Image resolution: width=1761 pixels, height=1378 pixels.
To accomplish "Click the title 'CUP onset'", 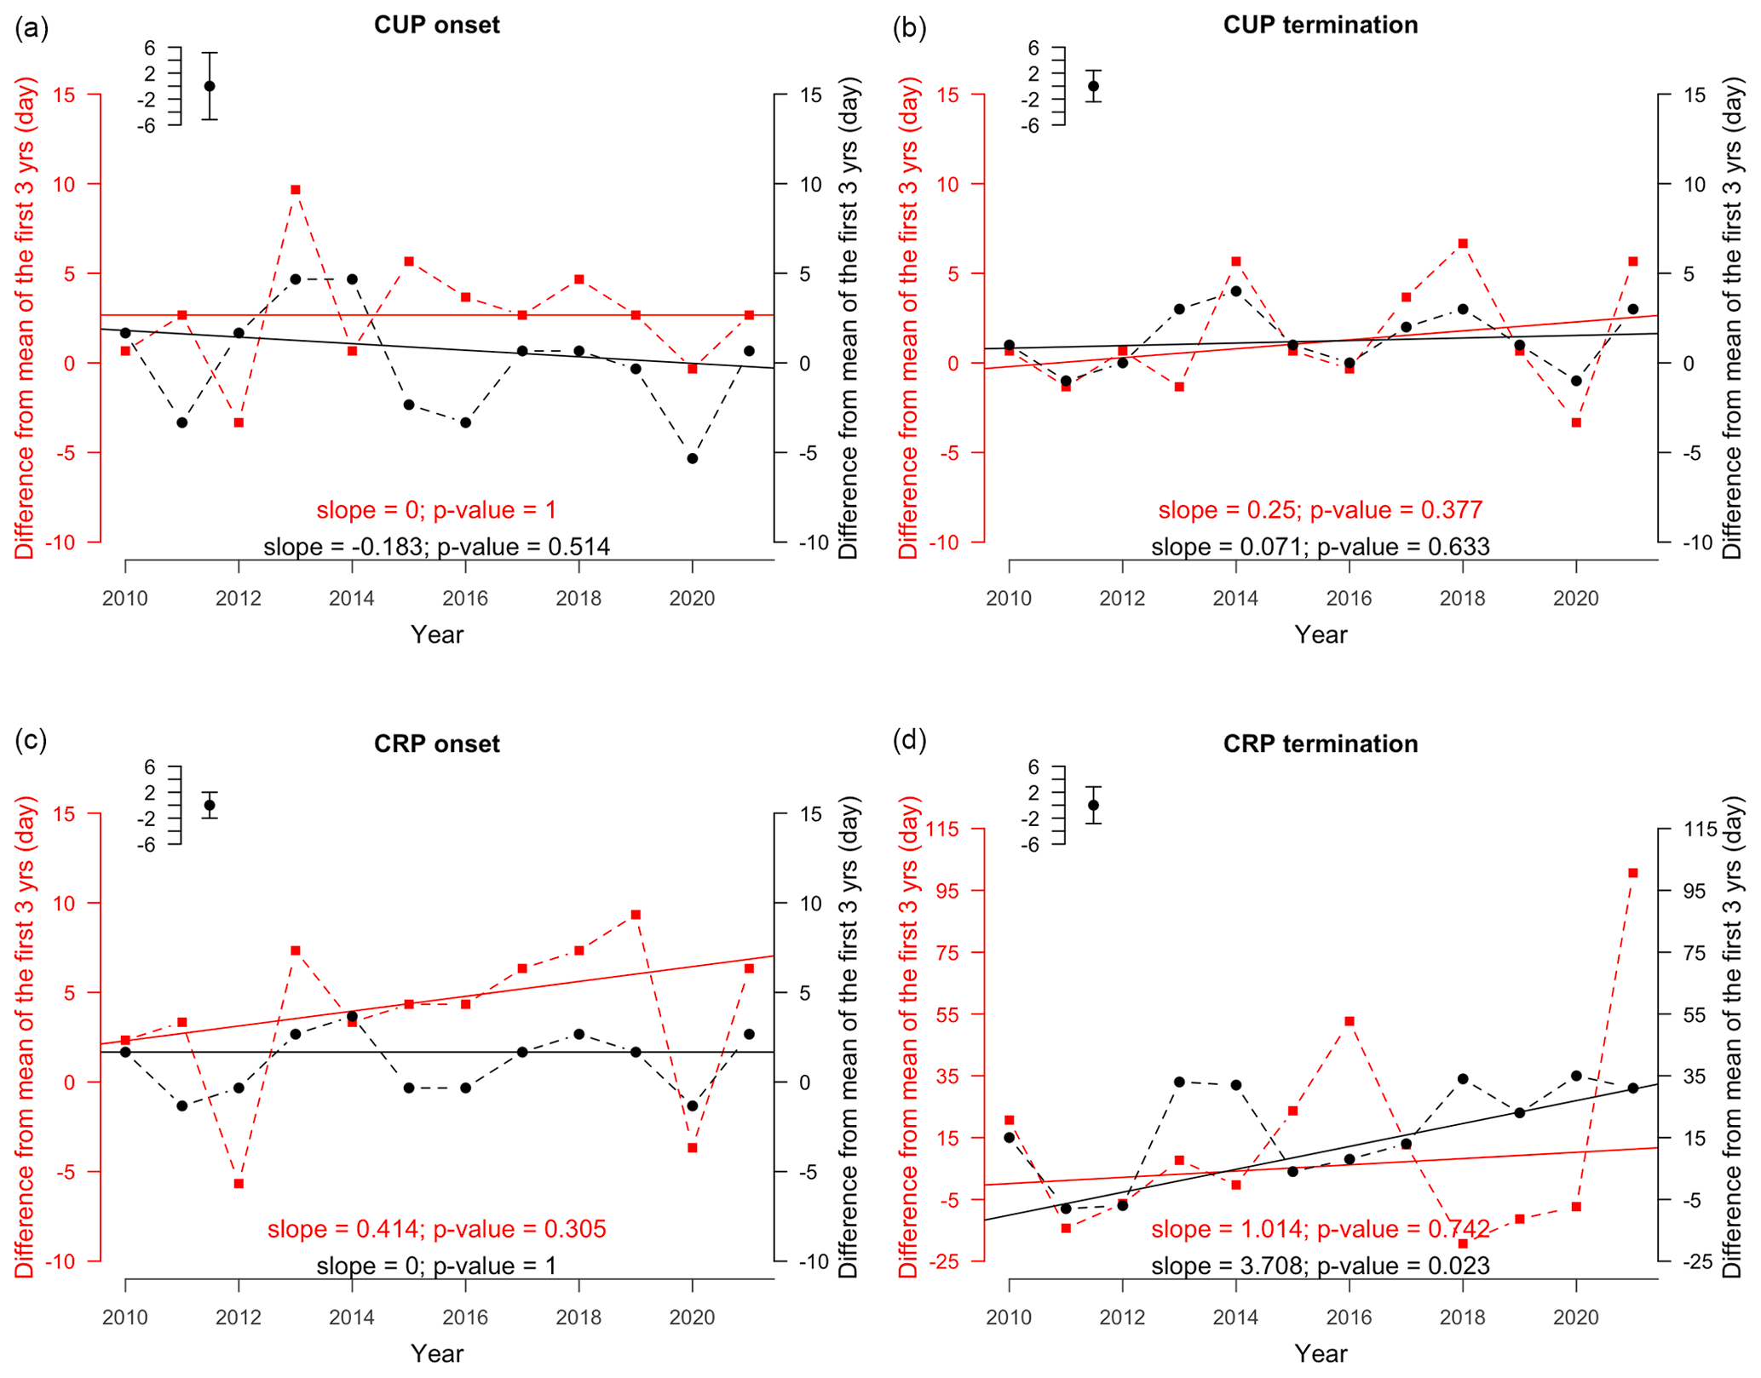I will pos(436,25).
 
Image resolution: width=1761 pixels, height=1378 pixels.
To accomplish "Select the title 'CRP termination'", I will pos(1320,744).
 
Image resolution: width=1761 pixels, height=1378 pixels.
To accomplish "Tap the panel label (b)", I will pos(909,28).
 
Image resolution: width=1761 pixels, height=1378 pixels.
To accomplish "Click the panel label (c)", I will pos(32,740).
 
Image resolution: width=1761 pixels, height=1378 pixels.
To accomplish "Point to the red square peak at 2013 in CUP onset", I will pos(296,190).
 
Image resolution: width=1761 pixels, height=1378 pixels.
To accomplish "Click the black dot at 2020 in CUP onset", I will pos(693,458).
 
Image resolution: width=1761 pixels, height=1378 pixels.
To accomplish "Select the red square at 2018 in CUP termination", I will pos(1463,244).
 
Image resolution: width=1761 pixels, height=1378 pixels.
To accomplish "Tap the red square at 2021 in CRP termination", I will pos(1633,873).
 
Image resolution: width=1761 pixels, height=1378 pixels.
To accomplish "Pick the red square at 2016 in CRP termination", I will pos(1350,1021).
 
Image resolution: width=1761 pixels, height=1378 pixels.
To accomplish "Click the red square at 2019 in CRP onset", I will pos(636,915).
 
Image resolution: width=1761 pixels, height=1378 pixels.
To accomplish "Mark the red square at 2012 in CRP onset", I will pos(239,1184).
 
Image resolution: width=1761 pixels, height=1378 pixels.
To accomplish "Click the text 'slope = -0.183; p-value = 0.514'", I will pos(436,547).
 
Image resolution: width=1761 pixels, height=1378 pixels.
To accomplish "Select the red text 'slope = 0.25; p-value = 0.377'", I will pos(1320,510).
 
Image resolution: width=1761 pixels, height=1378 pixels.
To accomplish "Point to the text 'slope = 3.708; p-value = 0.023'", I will pos(1320,1266).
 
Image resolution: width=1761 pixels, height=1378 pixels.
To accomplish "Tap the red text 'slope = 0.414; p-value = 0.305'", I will pos(436,1229).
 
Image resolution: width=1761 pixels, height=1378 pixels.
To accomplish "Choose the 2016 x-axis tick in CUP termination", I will pos(1350,599).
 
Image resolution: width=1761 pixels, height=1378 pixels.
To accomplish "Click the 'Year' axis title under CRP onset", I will pos(436,1353).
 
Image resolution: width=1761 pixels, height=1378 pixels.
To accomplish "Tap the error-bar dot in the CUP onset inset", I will pos(210,86).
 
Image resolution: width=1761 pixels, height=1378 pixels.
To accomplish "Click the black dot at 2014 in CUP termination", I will pos(1236,291).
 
